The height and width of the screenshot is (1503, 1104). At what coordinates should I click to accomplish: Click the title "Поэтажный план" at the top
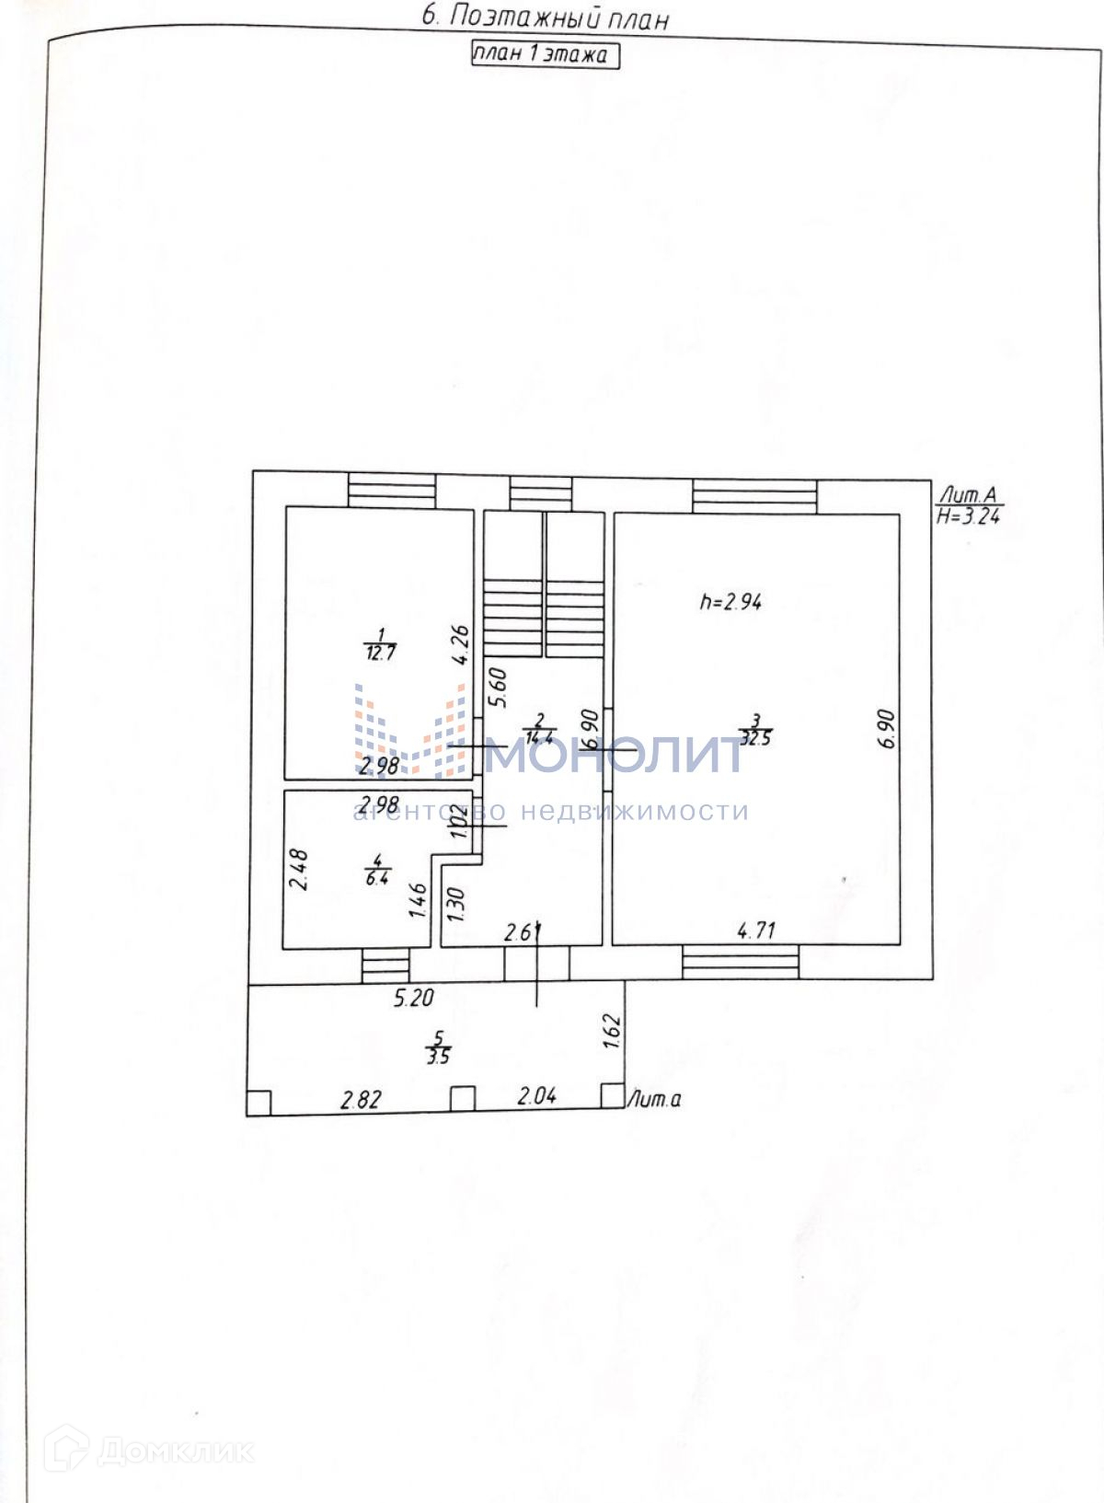click(545, 17)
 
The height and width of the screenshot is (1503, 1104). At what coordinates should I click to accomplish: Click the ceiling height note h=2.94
click(730, 603)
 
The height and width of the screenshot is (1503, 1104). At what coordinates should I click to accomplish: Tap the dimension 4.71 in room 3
click(756, 931)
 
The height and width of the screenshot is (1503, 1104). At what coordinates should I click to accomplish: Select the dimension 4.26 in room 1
click(462, 644)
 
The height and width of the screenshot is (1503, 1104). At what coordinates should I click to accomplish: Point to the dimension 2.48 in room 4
click(299, 869)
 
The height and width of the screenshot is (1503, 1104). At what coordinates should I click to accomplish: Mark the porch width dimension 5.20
click(414, 997)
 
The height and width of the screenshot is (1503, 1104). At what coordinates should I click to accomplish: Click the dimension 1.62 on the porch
click(615, 1031)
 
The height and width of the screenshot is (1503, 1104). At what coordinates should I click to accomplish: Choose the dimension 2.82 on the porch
click(361, 1099)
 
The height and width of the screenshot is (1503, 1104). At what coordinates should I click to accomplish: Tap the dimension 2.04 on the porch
click(537, 1095)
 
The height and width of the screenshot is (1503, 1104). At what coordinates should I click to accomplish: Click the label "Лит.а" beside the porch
click(654, 1099)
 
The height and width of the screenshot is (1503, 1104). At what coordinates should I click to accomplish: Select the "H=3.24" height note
click(969, 517)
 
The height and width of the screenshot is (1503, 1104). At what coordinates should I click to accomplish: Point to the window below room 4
click(385, 965)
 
